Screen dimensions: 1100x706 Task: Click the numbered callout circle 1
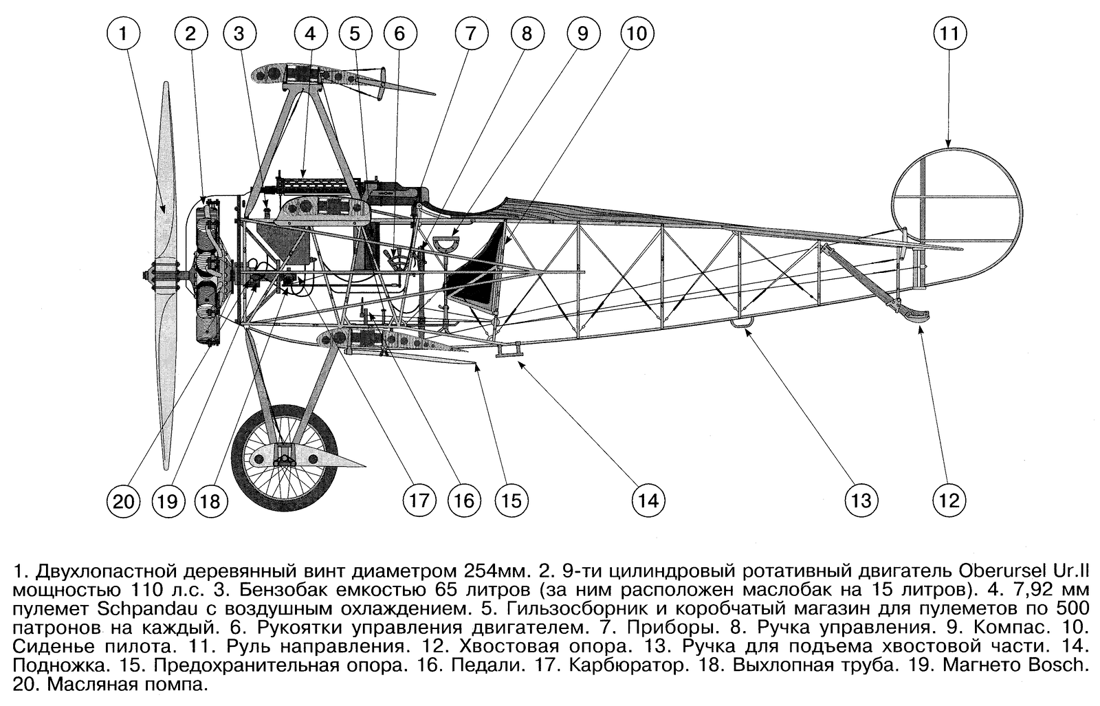(123, 34)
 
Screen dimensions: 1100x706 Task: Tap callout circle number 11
(949, 34)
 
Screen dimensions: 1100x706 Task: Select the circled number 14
(648, 500)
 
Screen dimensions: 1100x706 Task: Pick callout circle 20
(123, 502)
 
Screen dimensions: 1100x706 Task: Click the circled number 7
(471, 34)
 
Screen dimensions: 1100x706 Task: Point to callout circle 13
(861, 500)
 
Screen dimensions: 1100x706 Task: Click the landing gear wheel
(285, 458)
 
